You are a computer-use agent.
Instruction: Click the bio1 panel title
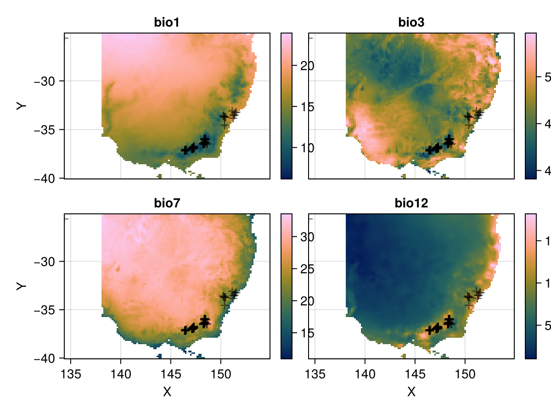tap(167, 22)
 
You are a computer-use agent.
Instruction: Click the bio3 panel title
tap(411, 22)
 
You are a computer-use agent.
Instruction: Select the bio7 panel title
tap(167, 203)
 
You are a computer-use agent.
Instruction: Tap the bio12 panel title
tap(411, 203)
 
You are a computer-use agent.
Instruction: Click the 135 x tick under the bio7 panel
tap(71, 370)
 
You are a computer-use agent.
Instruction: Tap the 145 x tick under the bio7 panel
tap(171, 370)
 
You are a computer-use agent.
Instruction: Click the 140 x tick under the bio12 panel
tap(365, 370)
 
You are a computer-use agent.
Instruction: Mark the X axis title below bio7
tap(167, 391)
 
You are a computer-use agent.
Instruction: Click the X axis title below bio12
tap(411, 391)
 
